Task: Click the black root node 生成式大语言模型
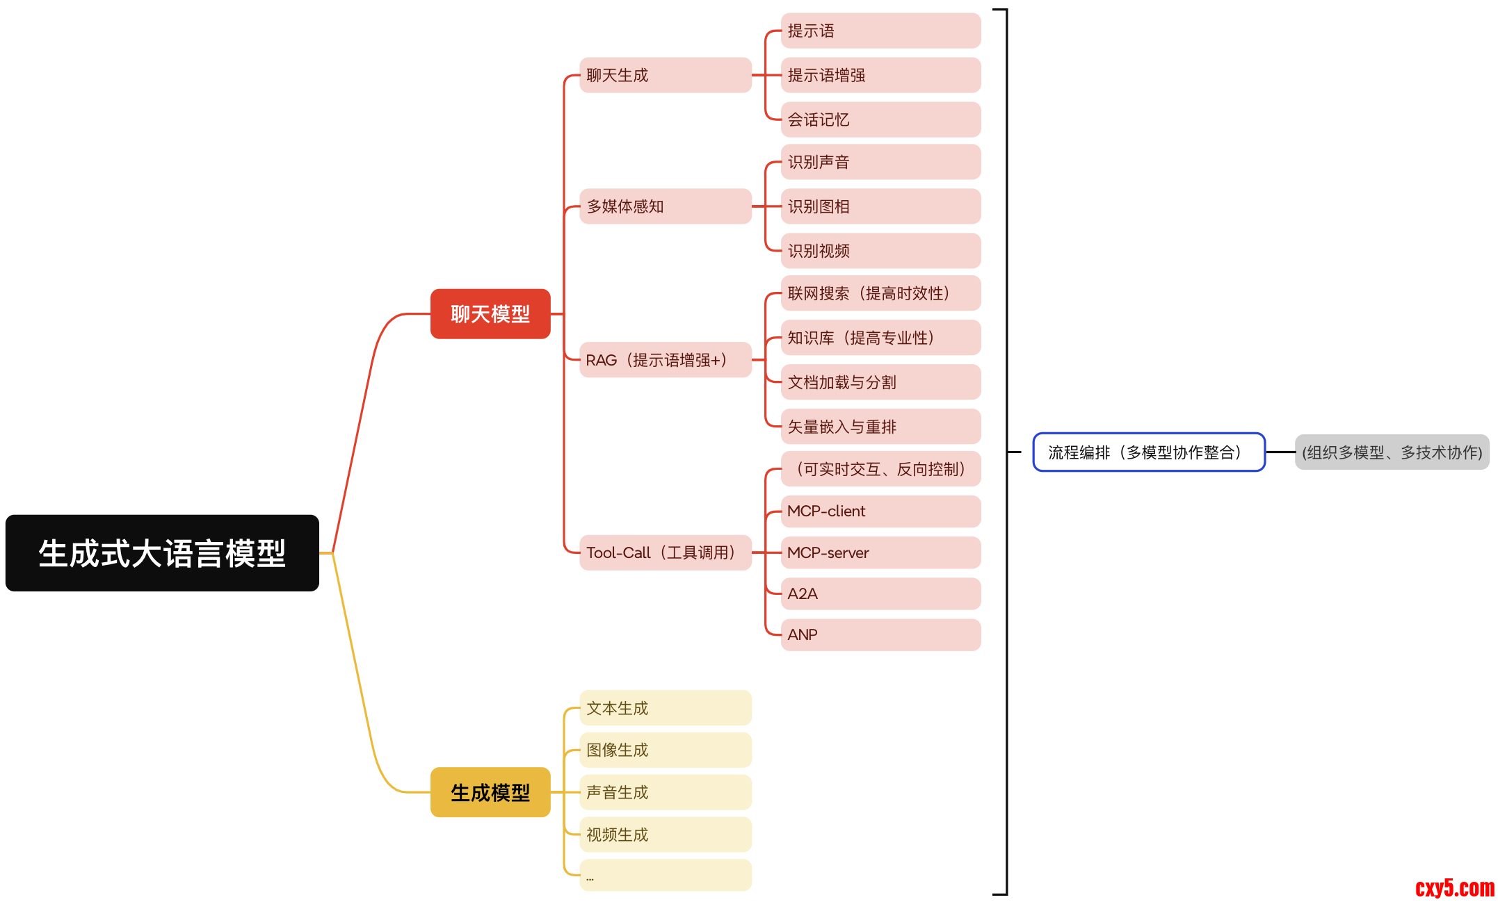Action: click(x=162, y=553)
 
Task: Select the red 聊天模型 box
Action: click(x=490, y=314)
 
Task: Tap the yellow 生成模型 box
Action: click(x=490, y=792)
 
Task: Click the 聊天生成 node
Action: click(x=665, y=75)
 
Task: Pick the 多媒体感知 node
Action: click(x=665, y=206)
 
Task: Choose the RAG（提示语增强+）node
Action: click(x=665, y=360)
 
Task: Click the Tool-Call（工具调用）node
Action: click(x=665, y=552)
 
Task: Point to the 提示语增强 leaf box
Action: click(x=880, y=75)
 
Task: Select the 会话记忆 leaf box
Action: click(x=880, y=120)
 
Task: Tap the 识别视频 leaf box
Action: click(x=880, y=251)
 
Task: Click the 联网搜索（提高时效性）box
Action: click(x=880, y=293)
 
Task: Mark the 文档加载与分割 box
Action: click(x=880, y=382)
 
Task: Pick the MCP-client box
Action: click(x=880, y=511)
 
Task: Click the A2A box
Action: click(x=880, y=593)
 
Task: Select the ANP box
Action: click(x=880, y=634)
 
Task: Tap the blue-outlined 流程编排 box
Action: click(x=1148, y=452)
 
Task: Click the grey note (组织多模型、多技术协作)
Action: click(x=1392, y=452)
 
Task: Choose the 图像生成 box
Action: click(x=665, y=750)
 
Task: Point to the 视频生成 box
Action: click(x=665, y=835)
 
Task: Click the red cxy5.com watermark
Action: click(x=1454, y=888)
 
